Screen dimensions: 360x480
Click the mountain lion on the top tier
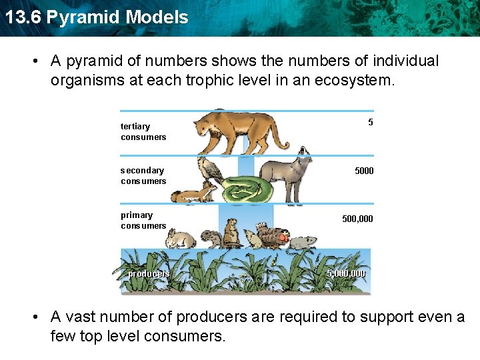tap(237, 131)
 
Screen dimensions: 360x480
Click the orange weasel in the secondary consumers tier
tap(193, 195)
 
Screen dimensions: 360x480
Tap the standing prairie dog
tap(231, 233)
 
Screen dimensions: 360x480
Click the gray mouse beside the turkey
tap(302, 241)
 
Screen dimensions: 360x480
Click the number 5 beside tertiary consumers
tap(370, 122)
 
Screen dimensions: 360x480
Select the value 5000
tap(364, 171)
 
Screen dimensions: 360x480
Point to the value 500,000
tap(357, 219)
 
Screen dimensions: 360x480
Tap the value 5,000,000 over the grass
tap(346, 273)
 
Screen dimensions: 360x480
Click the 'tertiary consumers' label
tap(143, 131)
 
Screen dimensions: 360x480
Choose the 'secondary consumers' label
tap(143, 176)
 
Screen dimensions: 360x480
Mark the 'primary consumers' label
tap(143, 220)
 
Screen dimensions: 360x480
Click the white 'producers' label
tap(149, 273)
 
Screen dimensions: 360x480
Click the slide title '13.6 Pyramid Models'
tap(95, 17)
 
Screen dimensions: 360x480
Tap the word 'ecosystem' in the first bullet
tap(355, 81)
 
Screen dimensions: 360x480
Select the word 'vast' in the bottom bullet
tap(80, 317)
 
